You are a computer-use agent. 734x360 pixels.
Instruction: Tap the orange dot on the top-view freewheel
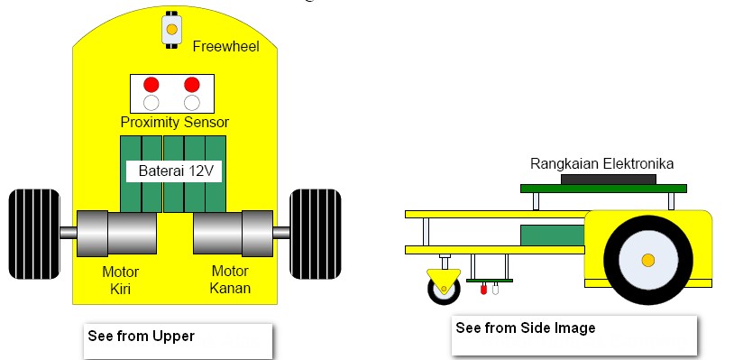(170, 30)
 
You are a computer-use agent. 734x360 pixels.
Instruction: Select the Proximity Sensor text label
(175, 122)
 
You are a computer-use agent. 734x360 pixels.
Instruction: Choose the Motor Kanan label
(231, 279)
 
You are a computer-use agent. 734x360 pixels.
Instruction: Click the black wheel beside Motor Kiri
(34, 234)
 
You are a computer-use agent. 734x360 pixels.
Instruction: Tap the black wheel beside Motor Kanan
(315, 234)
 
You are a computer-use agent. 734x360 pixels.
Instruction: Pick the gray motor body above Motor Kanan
(233, 233)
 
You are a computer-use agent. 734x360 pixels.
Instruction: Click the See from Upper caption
(141, 336)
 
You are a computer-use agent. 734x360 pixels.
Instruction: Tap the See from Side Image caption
(526, 328)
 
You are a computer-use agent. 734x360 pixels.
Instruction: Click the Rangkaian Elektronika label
(601, 163)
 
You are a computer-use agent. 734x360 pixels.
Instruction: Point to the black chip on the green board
(609, 180)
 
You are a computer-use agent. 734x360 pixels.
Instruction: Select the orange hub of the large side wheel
(647, 261)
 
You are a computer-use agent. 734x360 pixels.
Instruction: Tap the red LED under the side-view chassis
(483, 291)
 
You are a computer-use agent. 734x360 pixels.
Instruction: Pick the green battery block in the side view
(551, 235)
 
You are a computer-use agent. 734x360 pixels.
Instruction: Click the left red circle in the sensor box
(151, 85)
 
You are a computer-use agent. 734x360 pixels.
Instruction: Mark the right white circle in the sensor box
(191, 103)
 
